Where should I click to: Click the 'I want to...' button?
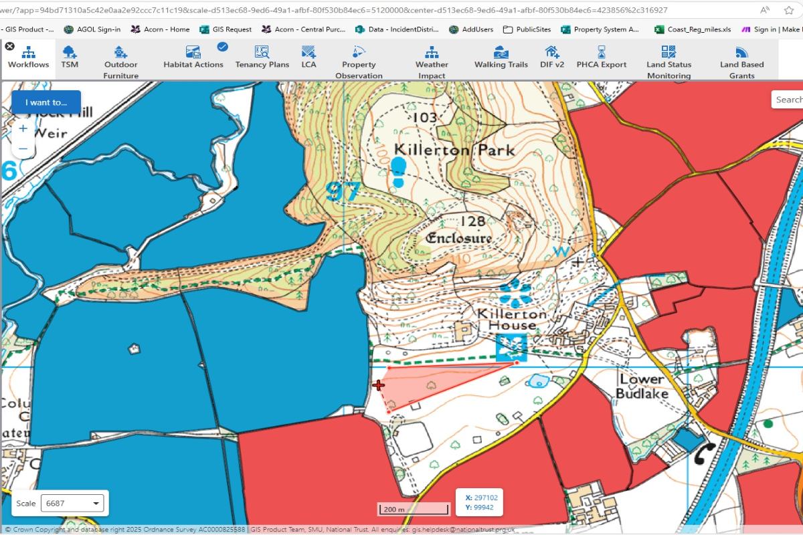(46, 102)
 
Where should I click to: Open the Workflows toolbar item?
(28, 58)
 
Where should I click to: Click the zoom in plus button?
(23, 128)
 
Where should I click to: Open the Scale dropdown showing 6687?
(72, 503)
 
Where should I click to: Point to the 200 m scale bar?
(413, 510)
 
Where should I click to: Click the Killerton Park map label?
(455, 149)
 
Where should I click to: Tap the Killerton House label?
(512, 319)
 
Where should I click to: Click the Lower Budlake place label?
(642, 386)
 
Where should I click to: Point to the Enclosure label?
(459, 238)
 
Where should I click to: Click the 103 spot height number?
(425, 118)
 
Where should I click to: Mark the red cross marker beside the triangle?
(379, 385)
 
